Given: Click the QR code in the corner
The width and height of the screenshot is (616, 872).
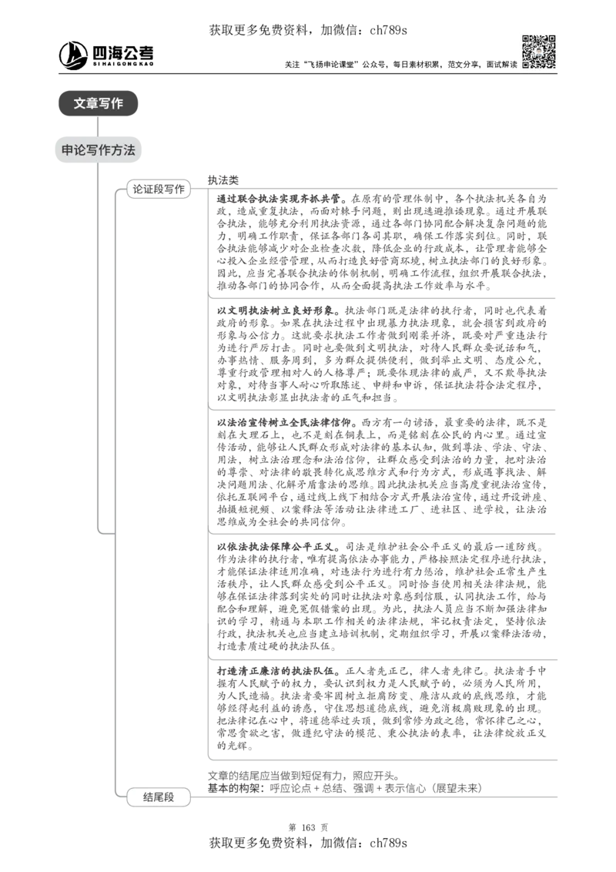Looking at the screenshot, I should (x=538, y=52).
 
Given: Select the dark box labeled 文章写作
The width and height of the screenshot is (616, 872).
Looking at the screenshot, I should (x=98, y=103).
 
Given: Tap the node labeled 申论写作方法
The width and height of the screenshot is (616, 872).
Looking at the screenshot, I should (x=98, y=150).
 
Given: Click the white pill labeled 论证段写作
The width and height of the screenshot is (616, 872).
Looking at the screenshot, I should (x=159, y=189).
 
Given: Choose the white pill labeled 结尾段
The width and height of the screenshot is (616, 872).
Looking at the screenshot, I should (x=159, y=797).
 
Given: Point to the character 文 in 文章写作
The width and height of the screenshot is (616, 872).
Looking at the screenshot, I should (x=80, y=103).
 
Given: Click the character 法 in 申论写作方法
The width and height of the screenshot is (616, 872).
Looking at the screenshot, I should (x=129, y=150).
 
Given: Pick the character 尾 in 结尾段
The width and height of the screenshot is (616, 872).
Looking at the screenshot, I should (x=159, y=797).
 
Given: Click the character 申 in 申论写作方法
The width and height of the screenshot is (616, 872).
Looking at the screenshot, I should (x=68, y=150).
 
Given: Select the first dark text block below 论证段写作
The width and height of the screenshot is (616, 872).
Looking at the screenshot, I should (x=381, y=240).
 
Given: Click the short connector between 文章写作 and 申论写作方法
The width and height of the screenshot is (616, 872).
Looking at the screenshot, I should (x=99, y=126).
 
